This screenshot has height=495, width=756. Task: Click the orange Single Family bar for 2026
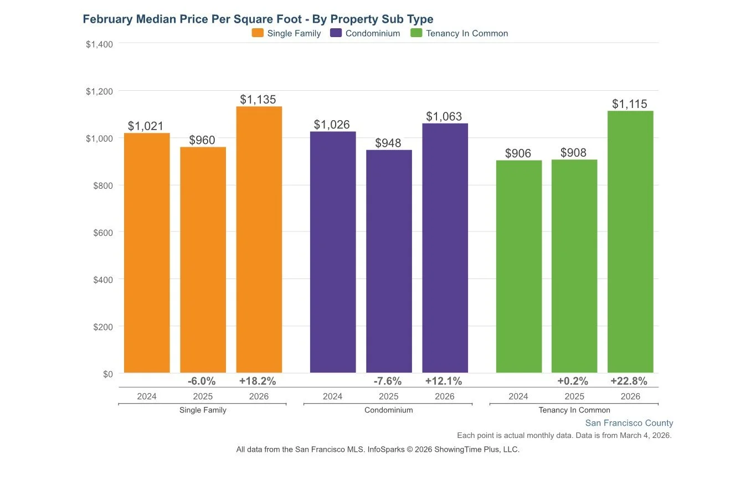259,239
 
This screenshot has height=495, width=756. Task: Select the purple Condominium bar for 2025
389,261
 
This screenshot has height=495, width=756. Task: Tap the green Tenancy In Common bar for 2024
518,266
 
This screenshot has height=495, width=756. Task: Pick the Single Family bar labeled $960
203,260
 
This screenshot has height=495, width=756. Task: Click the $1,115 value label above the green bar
629,104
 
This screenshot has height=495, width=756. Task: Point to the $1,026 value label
332,125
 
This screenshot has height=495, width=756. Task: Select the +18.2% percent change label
258,381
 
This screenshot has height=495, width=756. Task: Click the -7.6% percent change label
388,381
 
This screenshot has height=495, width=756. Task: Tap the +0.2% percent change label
573,381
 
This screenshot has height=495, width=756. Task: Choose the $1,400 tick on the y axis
100,44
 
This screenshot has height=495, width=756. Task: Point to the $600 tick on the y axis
103,233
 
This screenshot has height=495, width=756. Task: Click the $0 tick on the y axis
107,374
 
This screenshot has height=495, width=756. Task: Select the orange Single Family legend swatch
258,33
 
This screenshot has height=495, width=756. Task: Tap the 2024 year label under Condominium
332,396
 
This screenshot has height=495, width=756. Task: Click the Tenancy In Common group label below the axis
574,410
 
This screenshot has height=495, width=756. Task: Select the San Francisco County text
629,423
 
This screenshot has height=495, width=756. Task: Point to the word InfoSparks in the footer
386,450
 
